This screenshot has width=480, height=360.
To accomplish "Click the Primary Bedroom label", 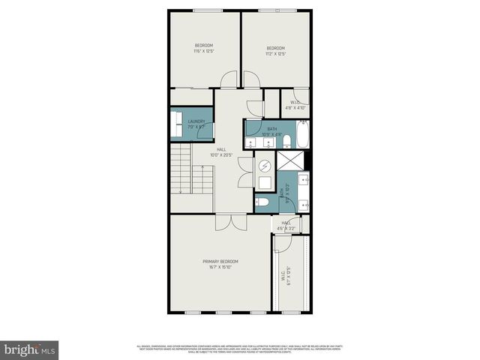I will (x=220, y=263).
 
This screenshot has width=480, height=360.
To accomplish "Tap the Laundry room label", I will (x=196, y=124).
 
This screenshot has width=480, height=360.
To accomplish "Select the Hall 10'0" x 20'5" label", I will (x=221, y=151).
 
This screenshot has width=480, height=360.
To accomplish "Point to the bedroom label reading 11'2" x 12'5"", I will (x=276, y=51).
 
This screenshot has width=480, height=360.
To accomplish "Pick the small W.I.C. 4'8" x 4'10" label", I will (x=295, y=104).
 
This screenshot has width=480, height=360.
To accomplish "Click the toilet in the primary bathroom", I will (x=261, y=201).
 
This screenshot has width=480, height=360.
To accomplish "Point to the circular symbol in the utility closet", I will (x=265, y=166).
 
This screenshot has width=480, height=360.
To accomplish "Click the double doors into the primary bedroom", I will (x=229, y=222).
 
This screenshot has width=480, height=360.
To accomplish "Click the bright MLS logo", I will (x=30, y=349).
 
